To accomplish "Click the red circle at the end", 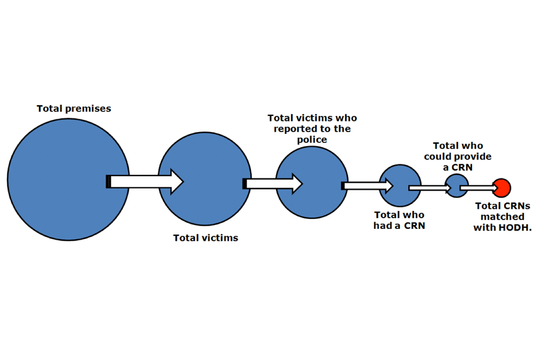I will [502, 187].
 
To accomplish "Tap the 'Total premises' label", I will [74, 109].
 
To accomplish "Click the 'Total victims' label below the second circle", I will [205, 238].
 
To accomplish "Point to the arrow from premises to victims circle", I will [146, 182].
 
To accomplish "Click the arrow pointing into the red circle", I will [478, 187].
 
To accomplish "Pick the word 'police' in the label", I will [312, 139].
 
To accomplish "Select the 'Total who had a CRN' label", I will [399, 220].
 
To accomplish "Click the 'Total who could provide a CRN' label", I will [457, 157].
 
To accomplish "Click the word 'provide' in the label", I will [473, 157].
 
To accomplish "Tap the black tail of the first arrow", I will [108, 182].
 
